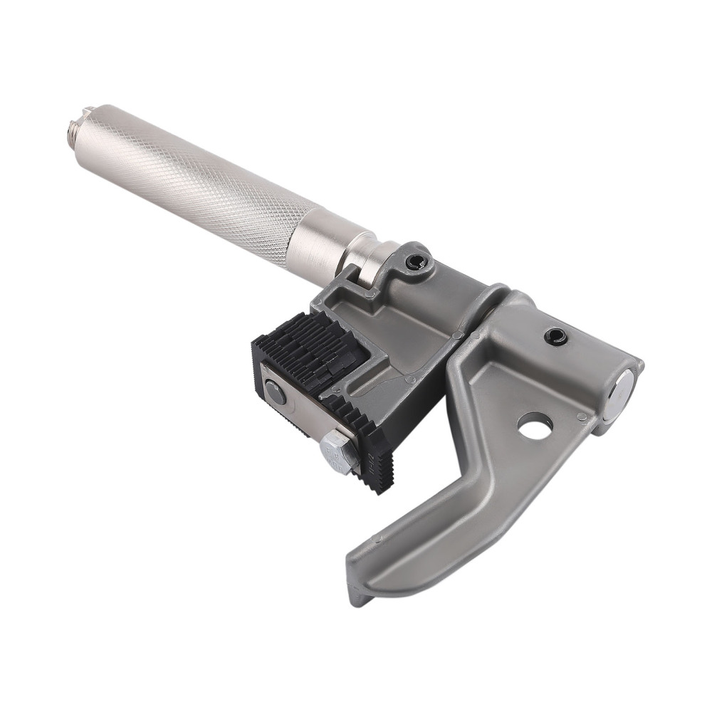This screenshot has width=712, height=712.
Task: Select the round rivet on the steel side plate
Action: point(274,392)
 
